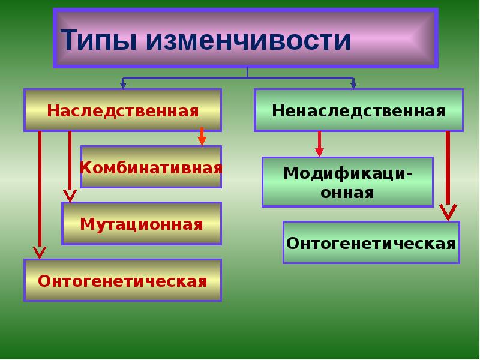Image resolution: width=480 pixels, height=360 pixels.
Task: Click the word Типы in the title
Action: (x=97, y=40)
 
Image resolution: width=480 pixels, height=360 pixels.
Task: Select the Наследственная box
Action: (x=122, y=110)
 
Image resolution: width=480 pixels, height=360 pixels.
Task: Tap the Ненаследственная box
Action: (x=358, y=110)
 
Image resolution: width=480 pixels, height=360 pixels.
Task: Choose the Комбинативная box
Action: (x=151, y=167)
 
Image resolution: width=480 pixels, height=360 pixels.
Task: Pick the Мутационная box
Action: (x=142, y=224)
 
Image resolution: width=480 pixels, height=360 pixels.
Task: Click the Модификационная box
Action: (x=347, y=182)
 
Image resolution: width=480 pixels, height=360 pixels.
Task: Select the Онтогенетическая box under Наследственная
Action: (x=122, y=280)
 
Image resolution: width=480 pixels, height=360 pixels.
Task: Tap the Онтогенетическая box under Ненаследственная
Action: (x=371, y=243)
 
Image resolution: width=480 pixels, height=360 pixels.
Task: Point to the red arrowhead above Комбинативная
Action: (x=202, y=140)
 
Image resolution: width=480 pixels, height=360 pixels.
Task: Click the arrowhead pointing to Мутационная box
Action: (x=70, y=196)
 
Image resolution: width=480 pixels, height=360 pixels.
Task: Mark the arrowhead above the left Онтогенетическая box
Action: (x=40, y=252)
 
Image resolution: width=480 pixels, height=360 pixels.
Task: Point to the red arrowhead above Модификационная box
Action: (x=319, y=152)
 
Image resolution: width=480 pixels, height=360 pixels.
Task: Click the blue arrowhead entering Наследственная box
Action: (x=123, y=86)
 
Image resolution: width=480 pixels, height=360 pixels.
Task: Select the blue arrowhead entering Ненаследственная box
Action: (x=353, y=86)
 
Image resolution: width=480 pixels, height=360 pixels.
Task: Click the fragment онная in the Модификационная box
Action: (x=347, y=193)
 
